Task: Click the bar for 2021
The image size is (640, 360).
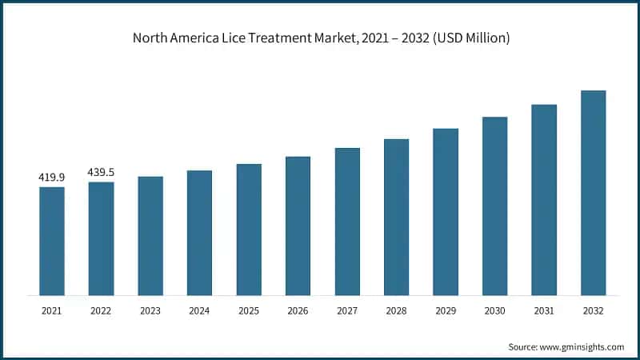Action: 52,241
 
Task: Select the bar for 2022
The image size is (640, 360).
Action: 101,238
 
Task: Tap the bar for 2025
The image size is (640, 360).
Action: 249,230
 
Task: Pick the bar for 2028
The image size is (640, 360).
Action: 397,217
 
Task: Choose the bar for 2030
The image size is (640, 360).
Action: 495,206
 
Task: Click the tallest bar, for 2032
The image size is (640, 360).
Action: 594,193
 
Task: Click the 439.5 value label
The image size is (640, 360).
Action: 101,172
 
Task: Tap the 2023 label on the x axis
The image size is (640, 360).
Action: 150,310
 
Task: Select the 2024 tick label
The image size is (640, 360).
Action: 199,310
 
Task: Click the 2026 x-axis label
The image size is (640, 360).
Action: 298,310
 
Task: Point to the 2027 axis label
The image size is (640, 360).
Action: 347,310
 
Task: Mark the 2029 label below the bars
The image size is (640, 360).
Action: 446,310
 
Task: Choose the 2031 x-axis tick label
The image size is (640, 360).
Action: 544,310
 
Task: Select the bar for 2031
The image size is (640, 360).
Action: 544,200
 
